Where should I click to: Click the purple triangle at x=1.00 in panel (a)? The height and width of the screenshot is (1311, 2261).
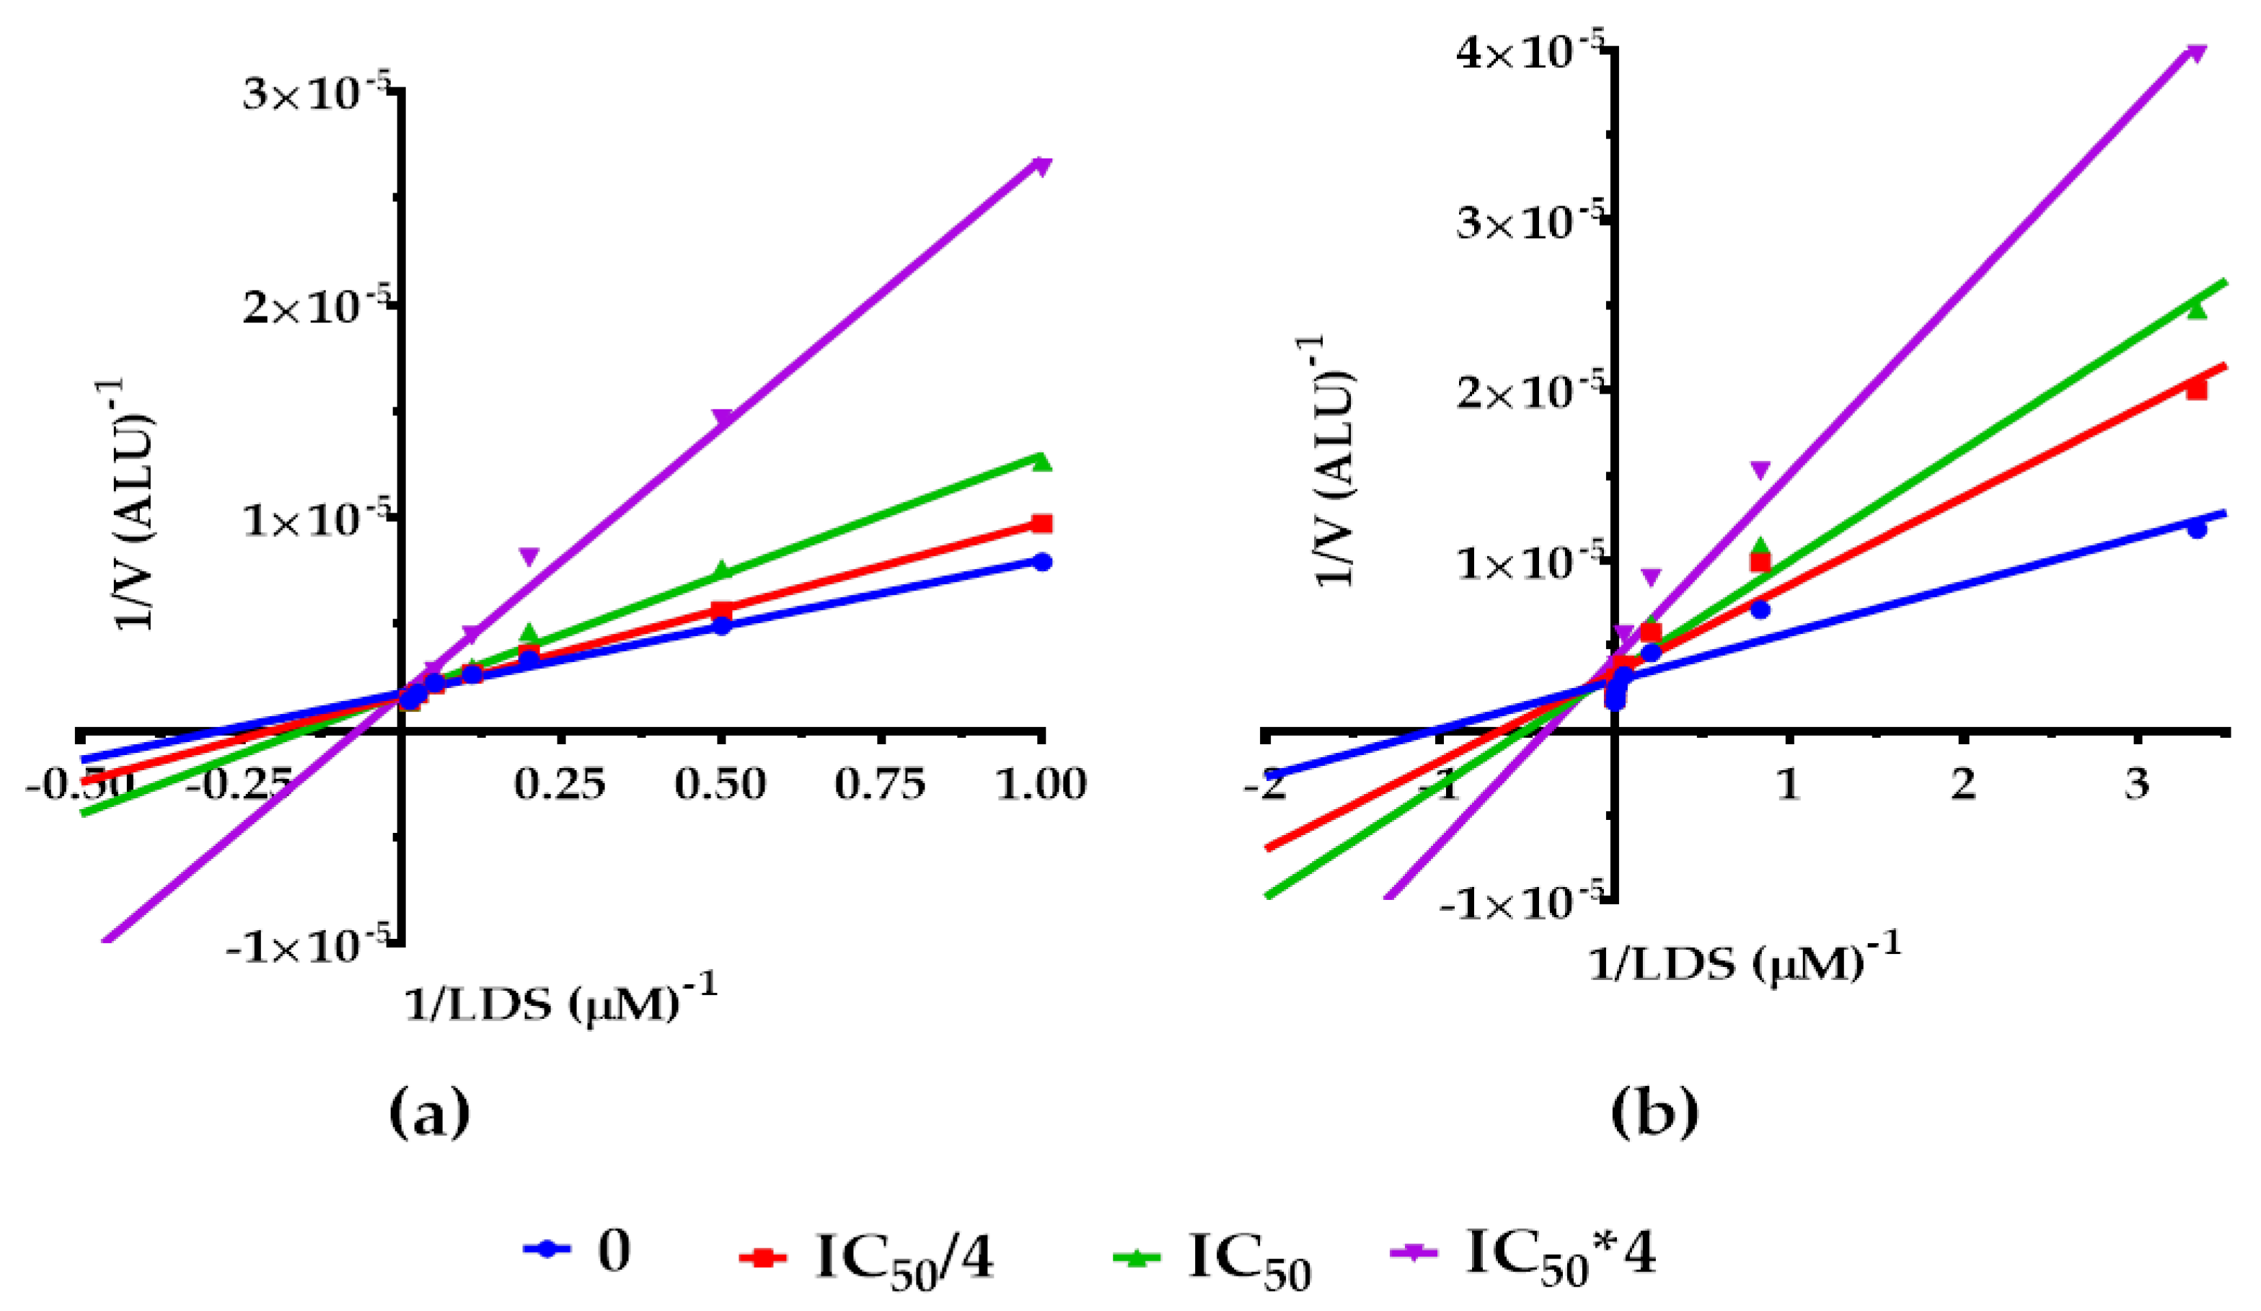[1041, 167]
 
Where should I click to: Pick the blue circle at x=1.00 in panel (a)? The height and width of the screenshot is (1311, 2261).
[1041, 562]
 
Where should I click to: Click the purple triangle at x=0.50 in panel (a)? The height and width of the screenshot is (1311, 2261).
[721, 418]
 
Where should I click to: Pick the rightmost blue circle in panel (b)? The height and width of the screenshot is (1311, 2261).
[2196, 529]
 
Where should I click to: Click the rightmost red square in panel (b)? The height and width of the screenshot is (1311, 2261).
[2195, 389]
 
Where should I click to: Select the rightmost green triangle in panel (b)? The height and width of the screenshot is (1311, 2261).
[2195, 309]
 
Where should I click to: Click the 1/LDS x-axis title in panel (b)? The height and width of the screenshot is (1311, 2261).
[1743, 963]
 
